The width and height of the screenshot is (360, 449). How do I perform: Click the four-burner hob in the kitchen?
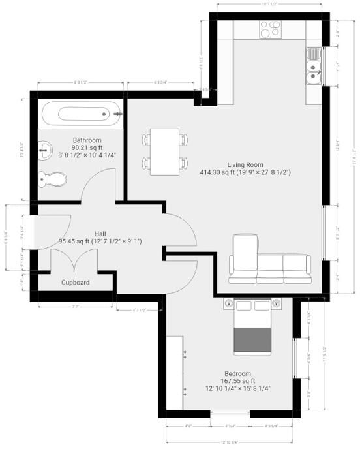tap(270, 29)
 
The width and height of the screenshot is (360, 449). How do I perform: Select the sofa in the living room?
tap(270, 266)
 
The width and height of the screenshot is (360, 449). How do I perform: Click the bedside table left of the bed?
tap(229, 303)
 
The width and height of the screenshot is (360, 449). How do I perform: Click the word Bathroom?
tap(87, 140)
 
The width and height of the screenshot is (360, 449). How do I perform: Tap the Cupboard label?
tap(76, 283)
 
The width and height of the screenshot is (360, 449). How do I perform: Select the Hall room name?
tap(100, 233)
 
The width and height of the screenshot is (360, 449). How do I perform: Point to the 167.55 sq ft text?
tap(237, 381)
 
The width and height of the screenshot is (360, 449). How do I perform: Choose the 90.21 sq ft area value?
tap(87, 147)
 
